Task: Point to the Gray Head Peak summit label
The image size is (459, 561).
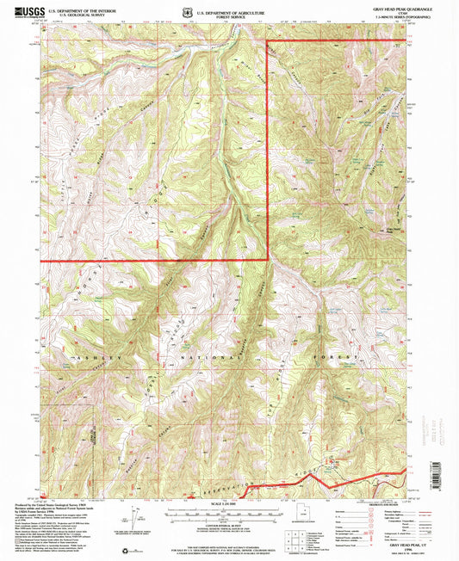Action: [392, 229]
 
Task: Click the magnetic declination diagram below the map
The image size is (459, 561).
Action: [138, 515]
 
